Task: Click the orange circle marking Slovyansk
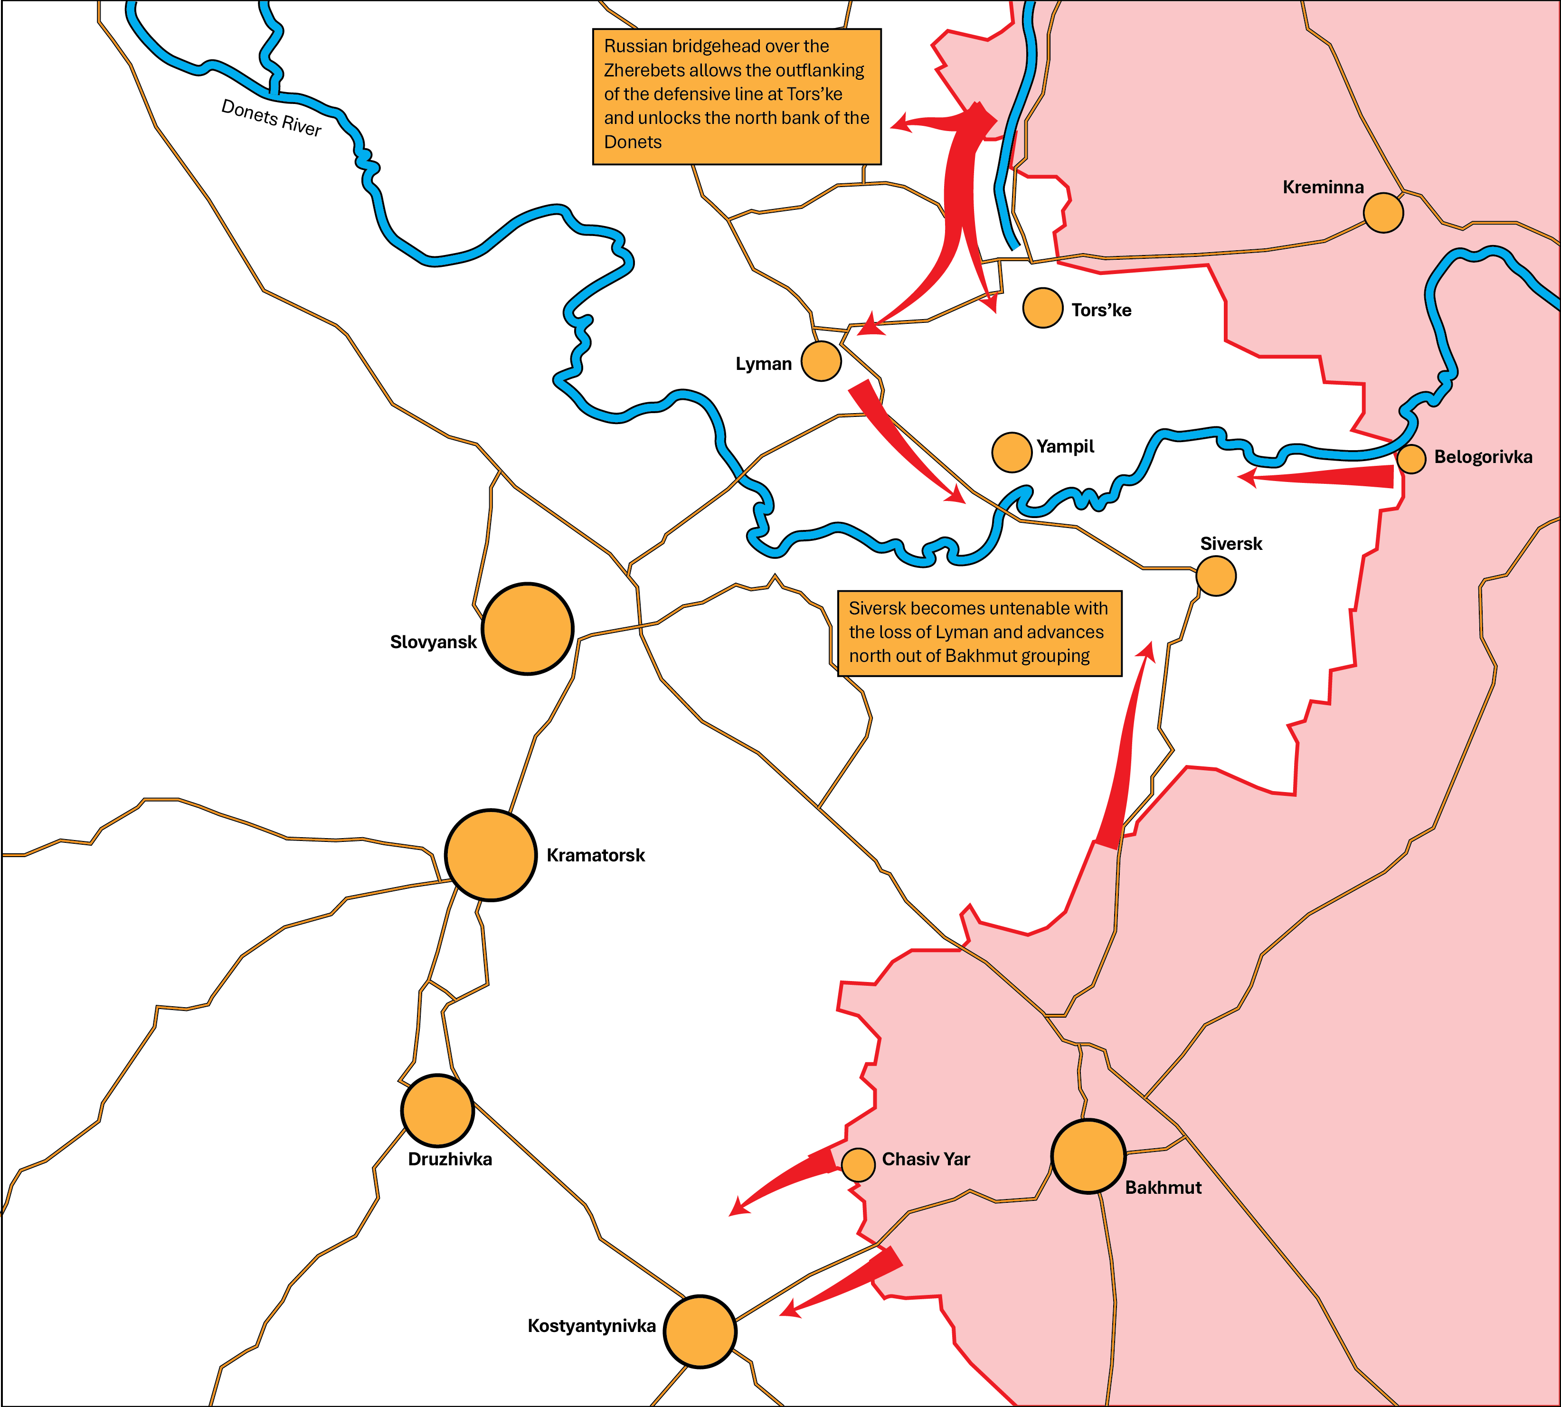[527, 629]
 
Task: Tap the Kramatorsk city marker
[490, 855]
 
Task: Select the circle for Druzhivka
[437, 1110]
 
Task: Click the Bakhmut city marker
[1088, 1157]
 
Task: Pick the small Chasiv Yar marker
[857, 1164]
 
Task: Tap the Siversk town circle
[1215, 576]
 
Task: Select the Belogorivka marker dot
[1411, 458]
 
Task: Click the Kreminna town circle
[1382, 213]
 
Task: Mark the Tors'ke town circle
[1042, 308]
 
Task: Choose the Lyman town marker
[820, 361]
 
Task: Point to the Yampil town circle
[1011, 452]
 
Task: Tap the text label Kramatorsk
[596, 856]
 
